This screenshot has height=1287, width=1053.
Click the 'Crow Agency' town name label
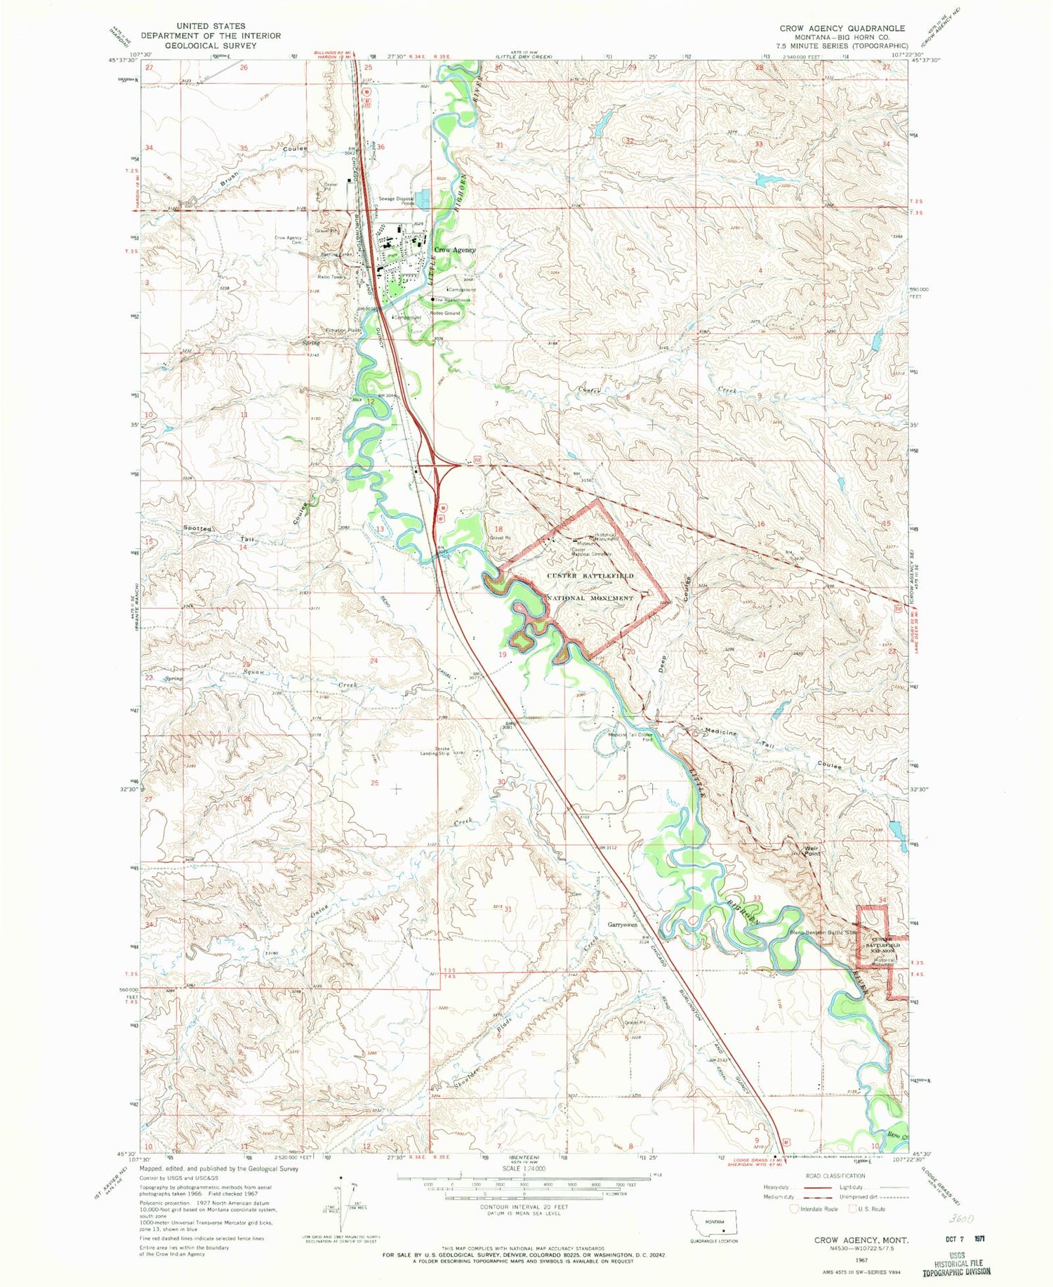point(454,250)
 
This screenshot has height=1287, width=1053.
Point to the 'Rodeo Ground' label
point(445,313)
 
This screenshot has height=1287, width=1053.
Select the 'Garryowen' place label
point(623,925)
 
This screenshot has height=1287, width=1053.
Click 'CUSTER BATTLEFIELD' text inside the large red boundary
point(590,576)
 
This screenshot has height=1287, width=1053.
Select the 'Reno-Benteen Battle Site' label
point(824,933)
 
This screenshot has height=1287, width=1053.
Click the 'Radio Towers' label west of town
point(333,277)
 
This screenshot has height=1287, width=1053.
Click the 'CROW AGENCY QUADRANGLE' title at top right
point(842,28)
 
